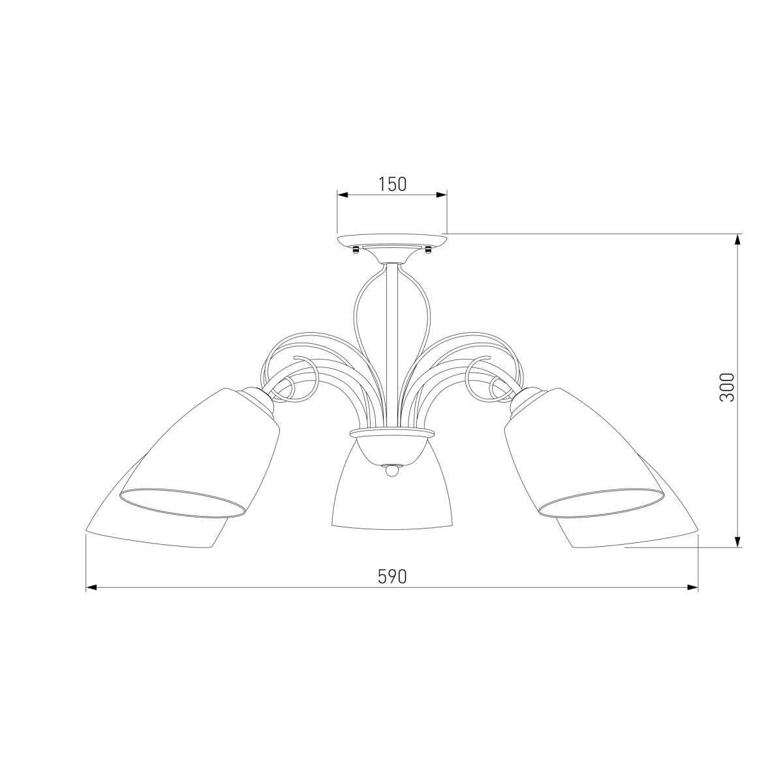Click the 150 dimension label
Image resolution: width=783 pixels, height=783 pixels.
392,184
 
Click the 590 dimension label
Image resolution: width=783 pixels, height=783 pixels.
392,576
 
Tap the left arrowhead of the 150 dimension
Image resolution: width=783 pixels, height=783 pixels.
343,195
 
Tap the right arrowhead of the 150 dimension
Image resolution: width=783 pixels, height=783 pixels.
441,195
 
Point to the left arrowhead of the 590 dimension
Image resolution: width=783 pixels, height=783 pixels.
91,587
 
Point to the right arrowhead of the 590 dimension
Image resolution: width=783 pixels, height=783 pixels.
692,587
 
